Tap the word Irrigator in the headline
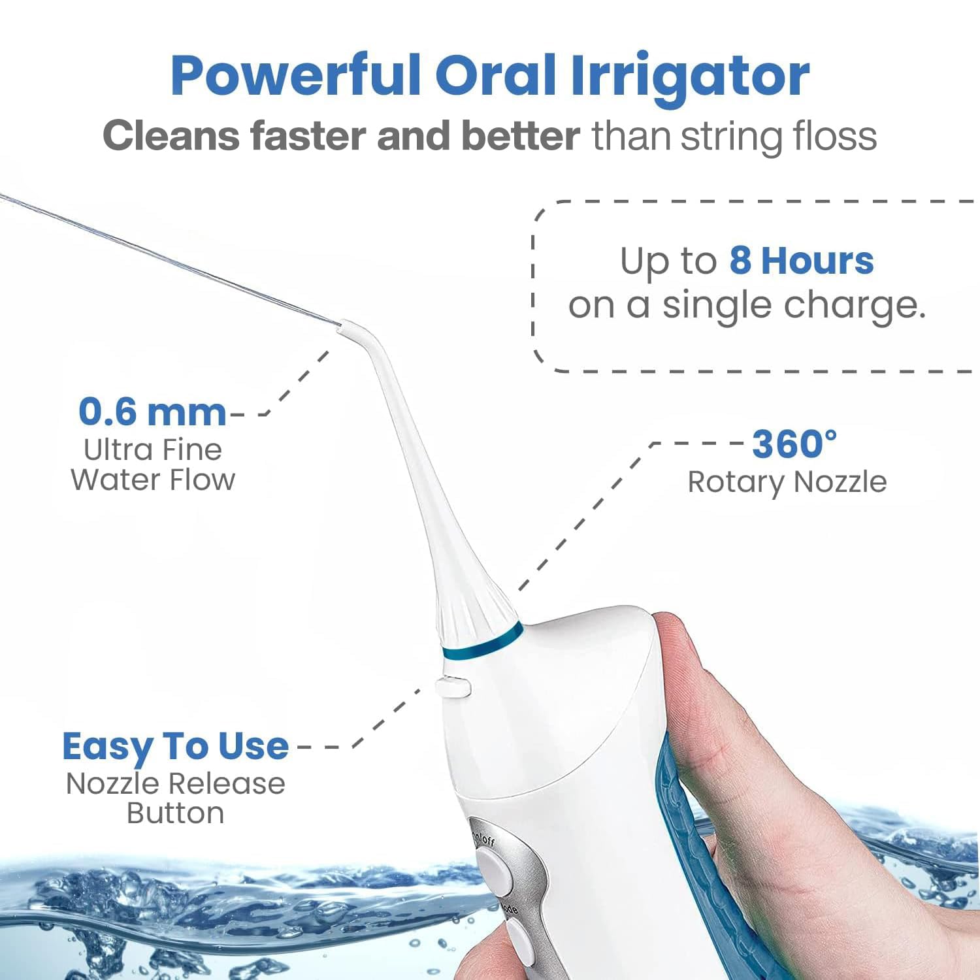[x=690, y=77]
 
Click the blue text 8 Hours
[x=801, y=261]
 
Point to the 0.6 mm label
[x=152, y=412]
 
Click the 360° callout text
[x=794, y=444]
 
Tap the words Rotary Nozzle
[x=787, y=483]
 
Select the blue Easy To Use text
[x=175, y=746]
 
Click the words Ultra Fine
[x=153, y=449]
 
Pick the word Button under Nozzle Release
[x=175, y=813]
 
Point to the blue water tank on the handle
[x=693, y=869]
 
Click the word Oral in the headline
[x=495, y=77]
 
